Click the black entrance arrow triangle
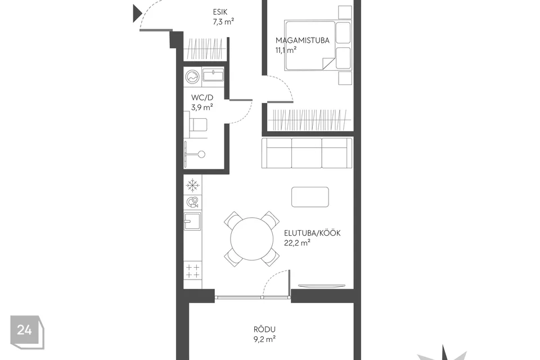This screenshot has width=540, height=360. [x=137, y=13]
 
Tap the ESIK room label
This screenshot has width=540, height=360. [x=220, y=12]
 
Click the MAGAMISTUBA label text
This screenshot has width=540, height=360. [x=303, y=40]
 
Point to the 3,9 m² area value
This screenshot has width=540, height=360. [x=202, y=107]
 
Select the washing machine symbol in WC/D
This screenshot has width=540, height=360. [x=192, y=77]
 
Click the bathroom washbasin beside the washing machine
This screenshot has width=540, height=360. [x=213, y=75]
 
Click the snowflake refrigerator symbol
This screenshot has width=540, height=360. [x=192, y=185]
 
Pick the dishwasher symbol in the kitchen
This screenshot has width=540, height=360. [x=192, y=202]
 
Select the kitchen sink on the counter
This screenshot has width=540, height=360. [x=192, y=221]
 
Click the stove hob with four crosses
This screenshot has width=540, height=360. [x=192, y=271]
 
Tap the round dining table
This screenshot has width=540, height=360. [x=252, y=239]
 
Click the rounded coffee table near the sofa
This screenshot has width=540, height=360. [x=310, y=197]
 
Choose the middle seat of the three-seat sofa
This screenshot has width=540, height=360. [x=307, y=153]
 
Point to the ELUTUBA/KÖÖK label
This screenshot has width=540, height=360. [x=312, y=233]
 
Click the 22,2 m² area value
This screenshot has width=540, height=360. [x=297, y=243]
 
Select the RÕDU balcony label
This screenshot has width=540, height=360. [x=264, y=329]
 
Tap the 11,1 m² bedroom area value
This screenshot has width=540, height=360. [x=286, y=50]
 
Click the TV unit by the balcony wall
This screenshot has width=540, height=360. [x=321, y=286]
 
